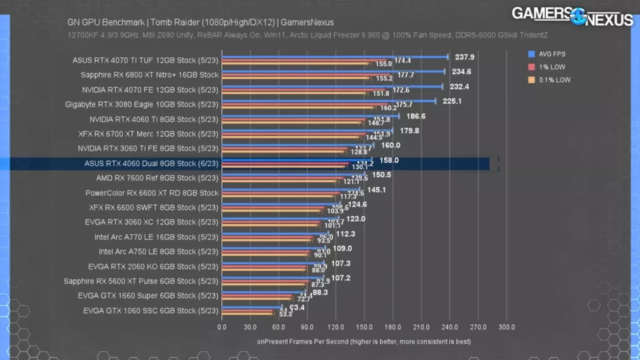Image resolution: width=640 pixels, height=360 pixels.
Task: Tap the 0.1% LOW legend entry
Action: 550,79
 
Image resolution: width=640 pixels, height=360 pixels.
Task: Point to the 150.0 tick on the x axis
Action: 364,327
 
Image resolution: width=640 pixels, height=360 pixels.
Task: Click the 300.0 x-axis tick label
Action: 506,327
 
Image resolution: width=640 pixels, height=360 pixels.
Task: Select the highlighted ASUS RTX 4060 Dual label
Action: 151,164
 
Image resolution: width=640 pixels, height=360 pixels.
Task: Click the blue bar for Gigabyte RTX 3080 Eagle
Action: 329,101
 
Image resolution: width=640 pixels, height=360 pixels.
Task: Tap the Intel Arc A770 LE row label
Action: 157,237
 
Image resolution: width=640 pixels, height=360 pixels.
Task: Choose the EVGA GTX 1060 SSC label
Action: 151,311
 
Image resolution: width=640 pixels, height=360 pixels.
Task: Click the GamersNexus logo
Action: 572,16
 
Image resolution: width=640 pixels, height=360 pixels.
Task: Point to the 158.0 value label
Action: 390,161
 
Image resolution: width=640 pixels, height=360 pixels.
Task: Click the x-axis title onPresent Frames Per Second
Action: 364,342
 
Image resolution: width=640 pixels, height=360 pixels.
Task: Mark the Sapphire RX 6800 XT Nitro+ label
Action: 149,75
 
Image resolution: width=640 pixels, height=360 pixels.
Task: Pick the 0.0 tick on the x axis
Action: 222,327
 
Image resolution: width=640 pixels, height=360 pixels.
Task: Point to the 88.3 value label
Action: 320,292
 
